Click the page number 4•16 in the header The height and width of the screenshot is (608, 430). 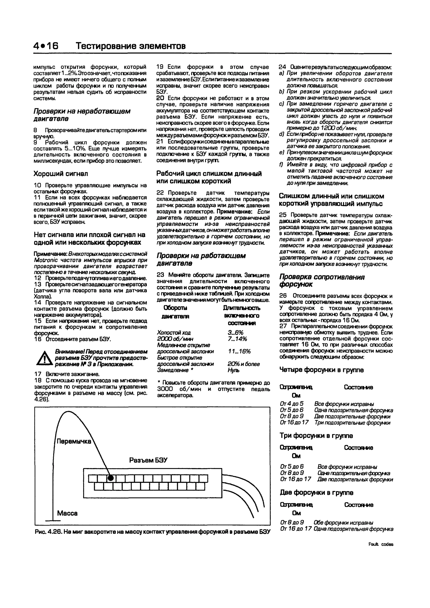[x=46, y=46]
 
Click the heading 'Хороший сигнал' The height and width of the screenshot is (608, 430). [x=61, y=174]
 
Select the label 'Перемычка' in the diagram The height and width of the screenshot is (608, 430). [x=74, y=441]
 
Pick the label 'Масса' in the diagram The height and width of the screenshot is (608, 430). [x=67, y=513]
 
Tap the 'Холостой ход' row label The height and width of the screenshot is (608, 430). [x=174, y=333]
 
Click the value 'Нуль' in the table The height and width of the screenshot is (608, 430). [x=233, y=370]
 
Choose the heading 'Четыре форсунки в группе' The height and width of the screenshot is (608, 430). [x=321, y=370]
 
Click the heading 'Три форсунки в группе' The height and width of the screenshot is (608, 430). [x=316, y=436]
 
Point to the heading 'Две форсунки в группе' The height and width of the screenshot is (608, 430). [x=316, y=492]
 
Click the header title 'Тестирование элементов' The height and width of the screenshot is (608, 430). [x=131, y=46]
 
